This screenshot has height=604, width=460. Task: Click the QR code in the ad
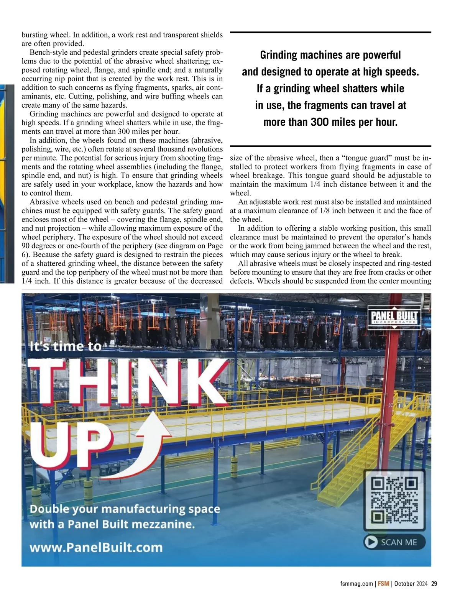tap(394, 500)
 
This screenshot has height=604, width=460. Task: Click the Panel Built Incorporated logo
tap(394, 317)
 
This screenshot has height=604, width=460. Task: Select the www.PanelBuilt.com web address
tap(96, 547)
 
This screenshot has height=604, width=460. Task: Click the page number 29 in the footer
tap(434, 584)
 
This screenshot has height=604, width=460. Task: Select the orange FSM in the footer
tap(383, 584)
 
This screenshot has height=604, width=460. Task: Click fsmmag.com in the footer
tap(356, 584)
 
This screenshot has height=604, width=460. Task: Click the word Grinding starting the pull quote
tap(279, 55)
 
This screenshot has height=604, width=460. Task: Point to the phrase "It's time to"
tap(66, 346)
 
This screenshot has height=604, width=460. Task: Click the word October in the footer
tap(404, 584)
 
